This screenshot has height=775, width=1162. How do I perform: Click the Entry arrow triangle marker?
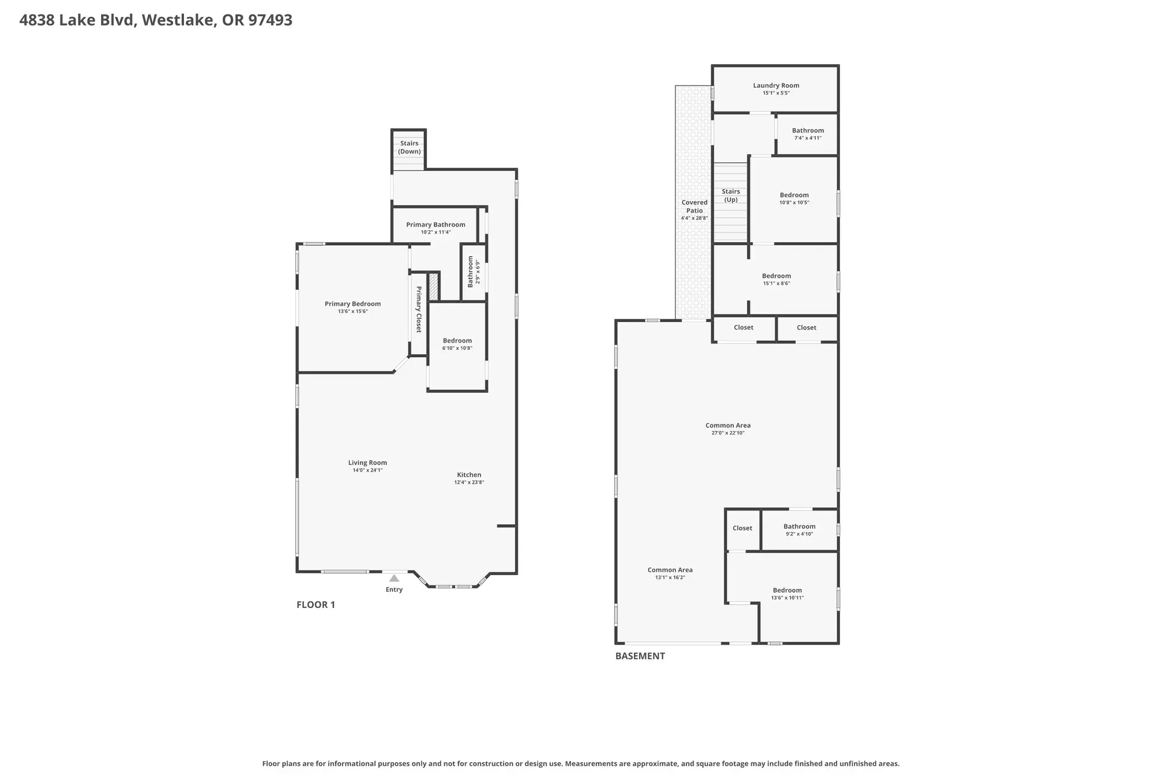coord(394,578)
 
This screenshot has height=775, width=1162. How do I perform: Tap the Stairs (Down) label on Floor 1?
coord(409,148)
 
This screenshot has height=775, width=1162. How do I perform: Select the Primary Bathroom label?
coord(436,225)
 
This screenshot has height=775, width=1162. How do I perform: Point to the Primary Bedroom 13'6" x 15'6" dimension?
coord(353,311)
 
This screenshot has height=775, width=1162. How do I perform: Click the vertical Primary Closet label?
coord(418,309)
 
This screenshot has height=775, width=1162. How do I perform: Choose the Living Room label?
coord(367,463)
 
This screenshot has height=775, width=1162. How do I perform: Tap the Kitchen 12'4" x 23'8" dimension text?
coord(469,483)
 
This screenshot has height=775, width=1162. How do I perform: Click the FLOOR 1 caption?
coord(315,604)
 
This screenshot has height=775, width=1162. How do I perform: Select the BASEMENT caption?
coord(640,656)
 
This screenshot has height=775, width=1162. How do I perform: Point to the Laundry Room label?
coord(776,85)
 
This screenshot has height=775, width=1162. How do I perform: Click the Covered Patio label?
coord(694,206)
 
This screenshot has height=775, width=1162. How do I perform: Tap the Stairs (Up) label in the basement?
coord(730,196)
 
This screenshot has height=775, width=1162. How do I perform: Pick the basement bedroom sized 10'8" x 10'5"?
coord(794,199)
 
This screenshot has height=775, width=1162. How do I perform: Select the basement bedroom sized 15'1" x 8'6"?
coord(776,279)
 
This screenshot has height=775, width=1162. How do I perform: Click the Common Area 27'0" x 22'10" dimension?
coord(728,433)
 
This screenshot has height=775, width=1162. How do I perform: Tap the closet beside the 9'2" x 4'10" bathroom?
coord(743,528)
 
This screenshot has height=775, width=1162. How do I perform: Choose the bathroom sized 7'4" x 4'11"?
coord(808,134)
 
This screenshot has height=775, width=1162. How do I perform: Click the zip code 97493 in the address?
coord(271,20)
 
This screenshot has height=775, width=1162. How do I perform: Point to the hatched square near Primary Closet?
coord(433,286)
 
